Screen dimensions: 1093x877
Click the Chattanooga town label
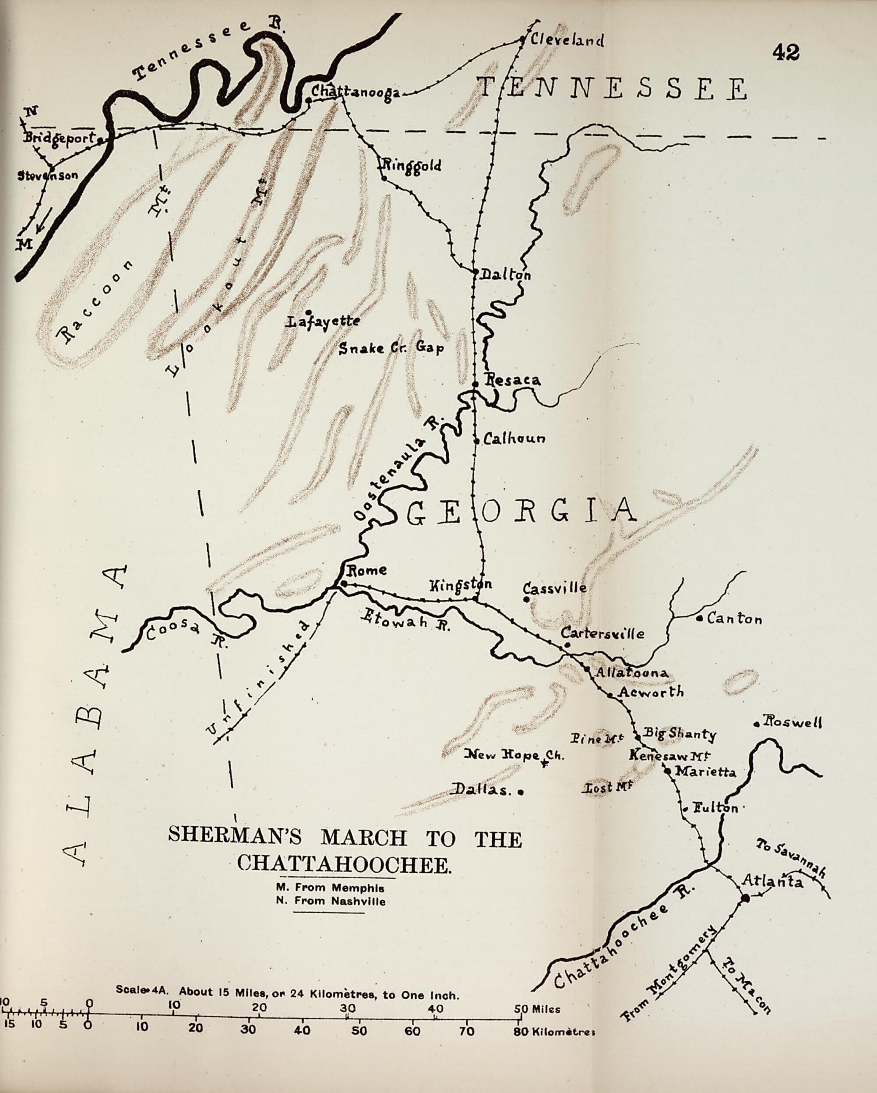pyautogui.click(x=355, y=92)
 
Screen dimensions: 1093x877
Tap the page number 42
pyautogui.click(x=786, y=53)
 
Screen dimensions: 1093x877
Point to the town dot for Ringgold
pyautogui.click(x=384, y=178)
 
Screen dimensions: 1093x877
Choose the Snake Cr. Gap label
pyautogui.click(x=391, y=348)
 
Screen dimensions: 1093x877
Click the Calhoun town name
pyautogui.click(x=514, y=438)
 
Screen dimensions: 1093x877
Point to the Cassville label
pyautogui.click(x=555, y=588)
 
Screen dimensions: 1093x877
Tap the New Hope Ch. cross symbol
pyautogui.click(x=544, y=762)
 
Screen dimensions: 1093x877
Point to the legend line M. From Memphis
pyautogui.click(x=330, y=888)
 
